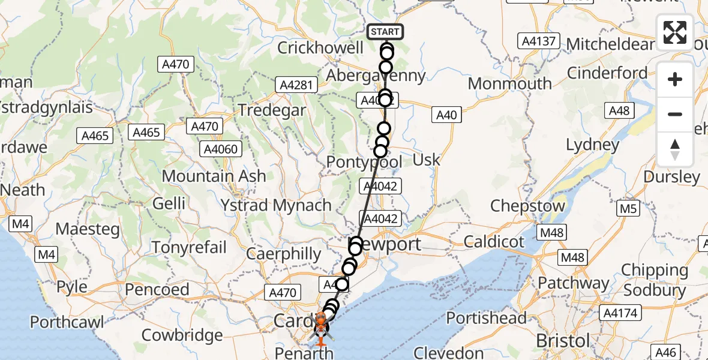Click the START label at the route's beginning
tap(385, 32)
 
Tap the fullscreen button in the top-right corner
tap(675, 32)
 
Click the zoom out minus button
tap(675, 114)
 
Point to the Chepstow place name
tap(527, 206)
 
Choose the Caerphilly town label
tap(285, 253)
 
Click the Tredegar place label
tap(272, 110)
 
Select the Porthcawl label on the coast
tap(67, 322)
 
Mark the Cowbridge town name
tap(182, 334)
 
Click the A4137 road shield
tap(539, 41)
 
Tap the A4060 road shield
tap(221, 149)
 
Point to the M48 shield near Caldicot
tap(572, 257)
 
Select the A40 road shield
tap(446, 115)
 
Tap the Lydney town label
tap(593, 145)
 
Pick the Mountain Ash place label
tap(214, 176)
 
